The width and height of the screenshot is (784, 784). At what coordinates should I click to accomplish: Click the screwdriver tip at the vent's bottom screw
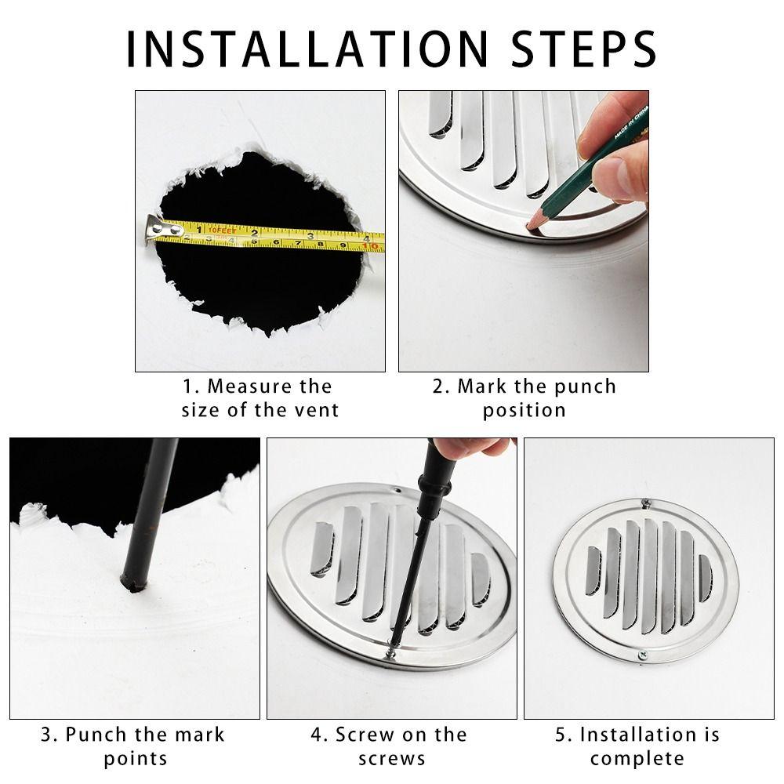(x=391, y=648)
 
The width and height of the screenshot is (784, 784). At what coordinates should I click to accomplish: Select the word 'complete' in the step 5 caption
(x=637, y=758)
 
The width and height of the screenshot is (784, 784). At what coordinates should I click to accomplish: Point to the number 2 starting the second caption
(x=439, y=387)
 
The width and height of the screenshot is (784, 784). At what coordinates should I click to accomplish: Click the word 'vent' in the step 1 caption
(x=318, y=410)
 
